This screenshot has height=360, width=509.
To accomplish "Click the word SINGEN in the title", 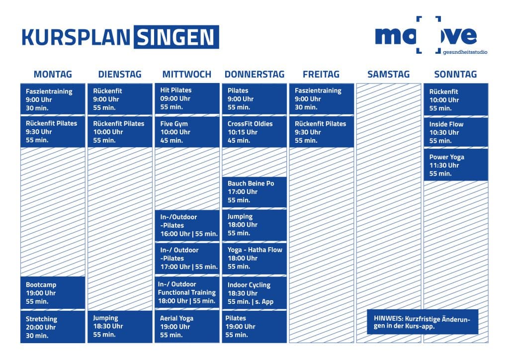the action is [176, 37].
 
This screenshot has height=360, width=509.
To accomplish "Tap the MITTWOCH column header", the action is [187, 75].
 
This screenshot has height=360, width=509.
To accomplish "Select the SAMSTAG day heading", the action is [388, 75].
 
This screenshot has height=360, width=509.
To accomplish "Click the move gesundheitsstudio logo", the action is [431, 35].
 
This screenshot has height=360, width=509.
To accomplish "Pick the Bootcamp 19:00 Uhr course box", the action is [53, 293].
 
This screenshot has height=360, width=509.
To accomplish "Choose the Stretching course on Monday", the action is [53, 327].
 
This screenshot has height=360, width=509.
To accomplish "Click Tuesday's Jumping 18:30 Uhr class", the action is [120, 326].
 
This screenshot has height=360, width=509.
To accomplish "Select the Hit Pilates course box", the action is [187, 98].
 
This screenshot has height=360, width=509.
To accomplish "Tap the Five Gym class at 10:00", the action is [187, 132].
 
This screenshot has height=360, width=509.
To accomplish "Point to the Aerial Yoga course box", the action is [187, 326].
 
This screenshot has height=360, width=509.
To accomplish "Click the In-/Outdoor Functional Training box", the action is [187, 292].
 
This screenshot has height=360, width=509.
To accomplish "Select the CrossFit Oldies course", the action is [254, 132].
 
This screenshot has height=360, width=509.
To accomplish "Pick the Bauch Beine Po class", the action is [254, 192].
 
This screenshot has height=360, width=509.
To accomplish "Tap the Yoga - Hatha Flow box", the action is [254, 259].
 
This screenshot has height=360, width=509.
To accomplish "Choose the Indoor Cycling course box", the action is [254, 293].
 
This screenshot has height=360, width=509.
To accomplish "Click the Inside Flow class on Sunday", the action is [456, 132].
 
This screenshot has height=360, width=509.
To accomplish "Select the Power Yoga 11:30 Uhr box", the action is [456, 165].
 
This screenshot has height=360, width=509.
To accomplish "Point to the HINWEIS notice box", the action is [423, 322].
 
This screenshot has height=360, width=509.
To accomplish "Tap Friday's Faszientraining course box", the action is [322, 98].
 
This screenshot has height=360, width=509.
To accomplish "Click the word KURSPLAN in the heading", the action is [76, 37].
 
